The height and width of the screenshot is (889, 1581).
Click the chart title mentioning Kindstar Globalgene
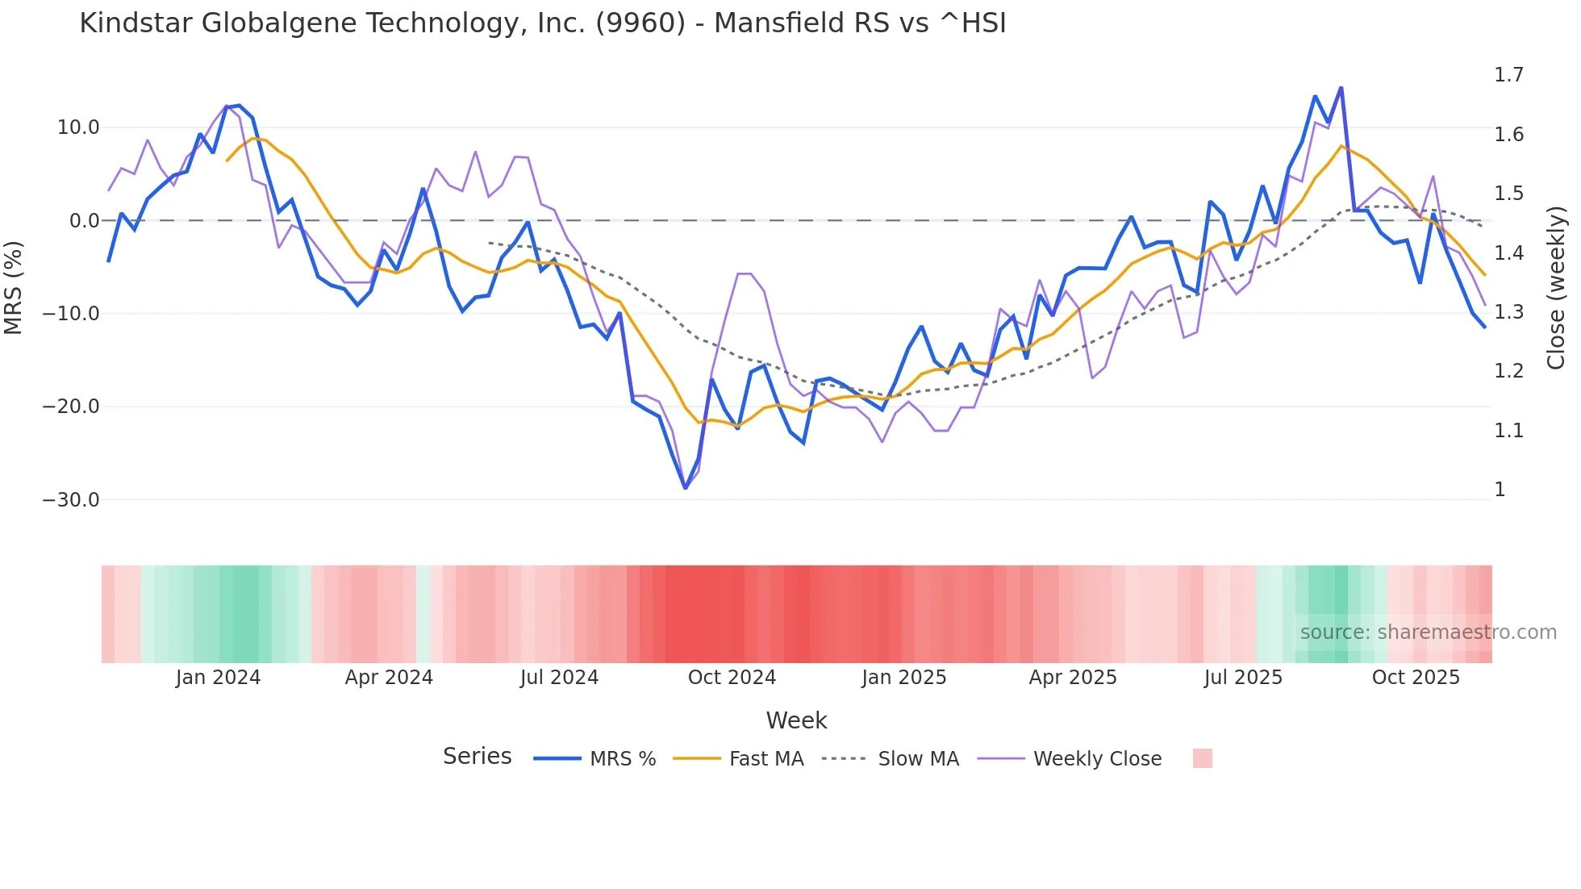(542, 23)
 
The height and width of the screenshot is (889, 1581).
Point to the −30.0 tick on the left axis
(71, 500)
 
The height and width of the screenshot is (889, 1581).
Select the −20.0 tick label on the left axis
(71, 407)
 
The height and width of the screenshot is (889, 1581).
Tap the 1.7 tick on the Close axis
(1508, 75)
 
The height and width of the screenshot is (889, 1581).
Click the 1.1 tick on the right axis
(1508, 431)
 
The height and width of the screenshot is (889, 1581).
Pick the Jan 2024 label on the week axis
(218, 678)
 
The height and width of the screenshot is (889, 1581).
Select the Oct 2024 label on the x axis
(732, 678)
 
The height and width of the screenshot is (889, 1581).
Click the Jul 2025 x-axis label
(1243, 678)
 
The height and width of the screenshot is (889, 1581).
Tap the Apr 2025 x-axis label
(1073, 678)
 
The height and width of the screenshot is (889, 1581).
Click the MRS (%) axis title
(14, 287)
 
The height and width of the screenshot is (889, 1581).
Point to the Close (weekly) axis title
(1556, 287)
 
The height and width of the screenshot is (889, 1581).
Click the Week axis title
(796, 720)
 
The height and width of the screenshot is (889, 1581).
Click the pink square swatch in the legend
(1202, 758)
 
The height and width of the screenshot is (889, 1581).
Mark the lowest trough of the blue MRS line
(686, 488)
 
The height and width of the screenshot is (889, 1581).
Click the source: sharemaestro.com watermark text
(1428, 632)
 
